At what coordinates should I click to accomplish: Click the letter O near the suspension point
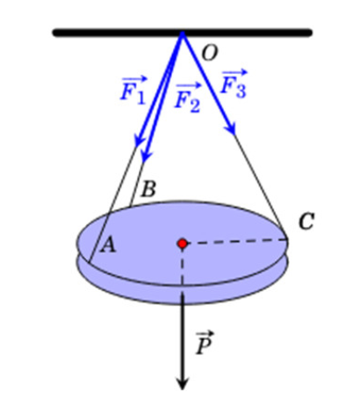pos(210,54)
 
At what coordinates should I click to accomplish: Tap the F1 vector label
pos(133,90)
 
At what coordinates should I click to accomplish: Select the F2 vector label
pos(188,98)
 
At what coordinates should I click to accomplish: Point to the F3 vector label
pos(234,84)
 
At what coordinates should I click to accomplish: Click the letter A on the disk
pos(108,245)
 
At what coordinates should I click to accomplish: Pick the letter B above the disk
pos(148,189)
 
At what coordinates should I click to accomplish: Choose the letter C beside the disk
pos(306,222)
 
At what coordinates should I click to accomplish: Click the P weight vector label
pos(205,343)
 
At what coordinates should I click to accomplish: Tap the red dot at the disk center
pos(183,243)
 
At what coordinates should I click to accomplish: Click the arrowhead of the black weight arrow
pos(183,385)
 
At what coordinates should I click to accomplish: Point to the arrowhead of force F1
pos(139,141)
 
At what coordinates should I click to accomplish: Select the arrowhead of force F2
pos(146,156)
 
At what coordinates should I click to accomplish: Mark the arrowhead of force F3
pos(231,129)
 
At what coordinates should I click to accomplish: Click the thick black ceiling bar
pos(183,33)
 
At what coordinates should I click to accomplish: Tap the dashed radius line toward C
pos(234,242)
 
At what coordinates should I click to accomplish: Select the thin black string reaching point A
pos(112,204)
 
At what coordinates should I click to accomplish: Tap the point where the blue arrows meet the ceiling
pos(183,33)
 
